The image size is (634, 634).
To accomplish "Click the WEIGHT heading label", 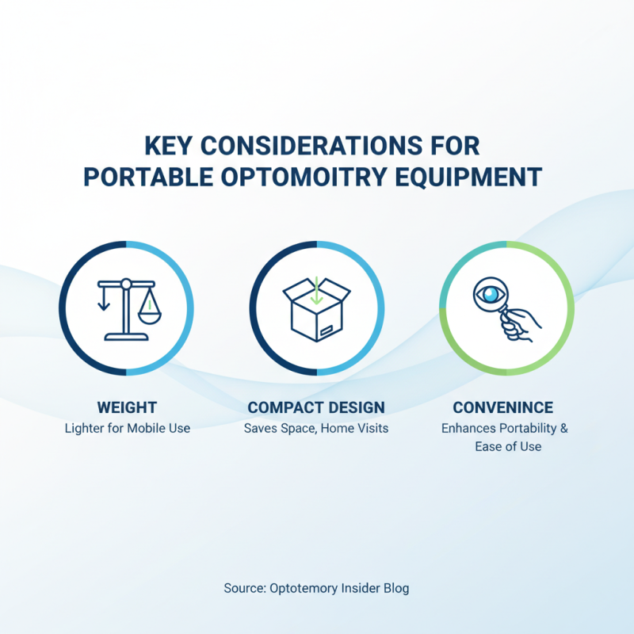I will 127,407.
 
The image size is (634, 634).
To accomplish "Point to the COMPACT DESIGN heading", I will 316,407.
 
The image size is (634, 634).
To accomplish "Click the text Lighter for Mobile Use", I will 127,429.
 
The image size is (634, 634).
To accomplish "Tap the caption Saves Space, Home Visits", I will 316,429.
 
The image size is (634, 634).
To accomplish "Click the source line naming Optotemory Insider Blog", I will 316,588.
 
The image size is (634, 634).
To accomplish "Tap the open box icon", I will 316,309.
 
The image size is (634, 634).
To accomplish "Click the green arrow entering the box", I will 316,290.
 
